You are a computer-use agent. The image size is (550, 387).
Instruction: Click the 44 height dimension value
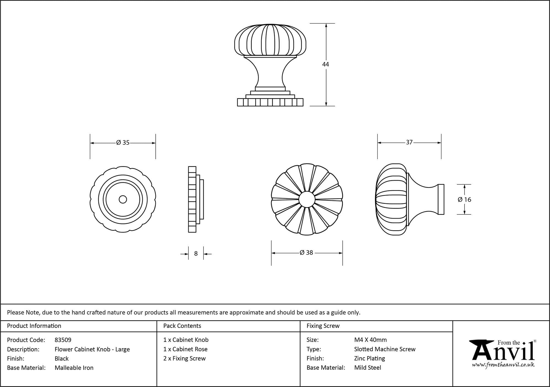[x=326, y=64]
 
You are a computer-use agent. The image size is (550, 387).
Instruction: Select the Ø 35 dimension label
[x=123, y=143]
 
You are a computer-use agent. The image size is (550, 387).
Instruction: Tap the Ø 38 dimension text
[x=306, y=252]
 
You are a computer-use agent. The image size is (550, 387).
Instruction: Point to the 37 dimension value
[x=409, y=142]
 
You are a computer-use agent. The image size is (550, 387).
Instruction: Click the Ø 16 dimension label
[x=464, y=200]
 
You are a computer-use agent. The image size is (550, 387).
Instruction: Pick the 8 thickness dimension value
[x=196, y=254]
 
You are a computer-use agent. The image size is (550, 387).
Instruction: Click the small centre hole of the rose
[x=123, y=199]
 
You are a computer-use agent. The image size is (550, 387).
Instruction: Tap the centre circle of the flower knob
[x=307, y=199]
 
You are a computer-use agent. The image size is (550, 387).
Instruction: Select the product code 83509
[x=63, y=340]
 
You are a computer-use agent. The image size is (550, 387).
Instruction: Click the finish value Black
[x=62, y=358]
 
